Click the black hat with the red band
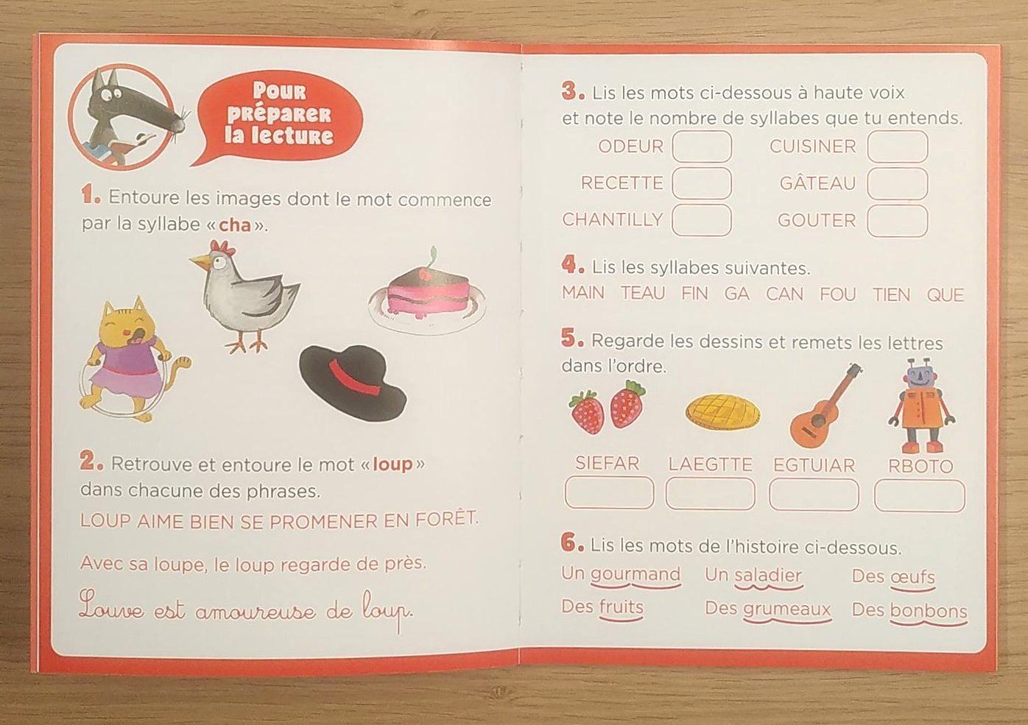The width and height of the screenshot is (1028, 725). click(x=353, y=382)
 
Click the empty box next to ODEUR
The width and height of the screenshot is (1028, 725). click(x=702, y=146)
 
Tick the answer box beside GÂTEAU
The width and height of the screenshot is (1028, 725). click(x=897, y=183)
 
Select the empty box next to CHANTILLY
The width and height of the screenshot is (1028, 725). click(x=702, y=220)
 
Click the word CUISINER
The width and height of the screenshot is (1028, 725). click(x=813, y=146)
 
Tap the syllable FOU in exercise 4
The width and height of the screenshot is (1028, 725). click(x=838, y=294)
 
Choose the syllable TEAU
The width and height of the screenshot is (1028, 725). click(x=643, y=293)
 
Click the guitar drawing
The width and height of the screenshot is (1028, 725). click(x=825, y=406)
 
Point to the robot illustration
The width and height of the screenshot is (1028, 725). click(x=921, y=406)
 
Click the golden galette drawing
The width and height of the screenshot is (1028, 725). click(x=722, y=411)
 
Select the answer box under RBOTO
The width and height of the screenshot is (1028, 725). click(x=919, y=495)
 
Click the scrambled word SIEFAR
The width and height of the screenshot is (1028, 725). click(x=608, y=463)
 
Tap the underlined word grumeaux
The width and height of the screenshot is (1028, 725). click(x=787, y=609)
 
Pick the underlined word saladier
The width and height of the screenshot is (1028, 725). click(x=768, y=575)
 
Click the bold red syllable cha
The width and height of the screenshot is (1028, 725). click(x=235, y=225)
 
